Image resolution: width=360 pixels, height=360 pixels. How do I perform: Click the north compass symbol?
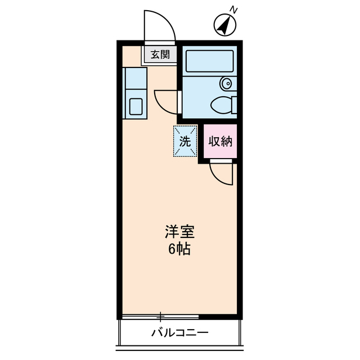pos(225,25)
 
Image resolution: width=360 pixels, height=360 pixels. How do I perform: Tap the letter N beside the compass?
pos(235,10)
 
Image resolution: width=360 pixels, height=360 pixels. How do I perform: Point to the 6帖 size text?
pos(179,249)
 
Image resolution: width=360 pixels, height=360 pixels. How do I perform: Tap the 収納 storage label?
pos(219,141)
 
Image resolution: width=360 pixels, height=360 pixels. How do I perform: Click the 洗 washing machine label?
pos(185,141)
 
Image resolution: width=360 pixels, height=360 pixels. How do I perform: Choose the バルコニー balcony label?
pos(180,332)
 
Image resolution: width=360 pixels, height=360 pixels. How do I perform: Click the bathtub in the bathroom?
pos(209,61)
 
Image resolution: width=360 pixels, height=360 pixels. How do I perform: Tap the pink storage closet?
pos(219,141)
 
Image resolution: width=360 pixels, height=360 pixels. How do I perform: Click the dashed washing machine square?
pos(185,141)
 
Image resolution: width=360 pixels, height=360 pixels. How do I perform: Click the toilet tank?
pos(233,105)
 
